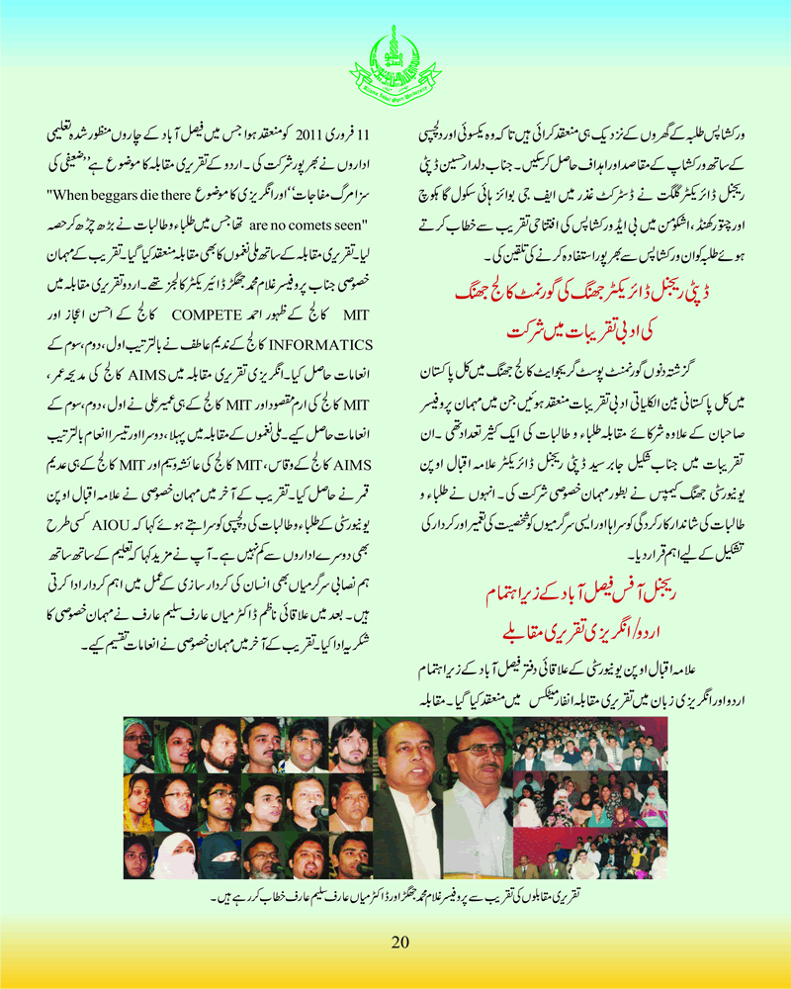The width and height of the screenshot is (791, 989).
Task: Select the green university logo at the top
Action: (x=395, y=67)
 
